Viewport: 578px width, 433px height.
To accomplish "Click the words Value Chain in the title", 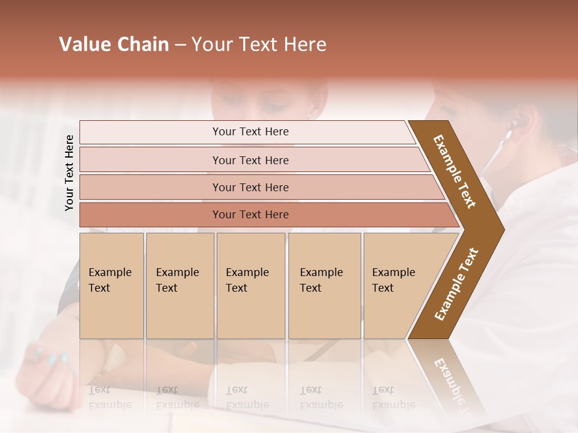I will click(x=114, y=45).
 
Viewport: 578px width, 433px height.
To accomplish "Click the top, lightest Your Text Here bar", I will click(x=250, y=132).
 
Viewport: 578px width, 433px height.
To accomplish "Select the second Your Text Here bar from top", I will click(x=250, y=160).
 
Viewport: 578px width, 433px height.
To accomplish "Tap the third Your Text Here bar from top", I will click(x=250, y=187).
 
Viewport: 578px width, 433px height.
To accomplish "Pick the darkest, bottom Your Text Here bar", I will click(x=250, y=214).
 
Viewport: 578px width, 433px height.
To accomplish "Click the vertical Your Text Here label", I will click(x=69, y=173).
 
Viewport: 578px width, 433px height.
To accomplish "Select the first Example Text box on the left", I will click(x=111, y=286).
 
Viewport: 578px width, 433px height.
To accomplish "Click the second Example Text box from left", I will click(x=179, y=286).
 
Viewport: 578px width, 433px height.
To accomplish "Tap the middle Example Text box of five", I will click(x=250, y=286).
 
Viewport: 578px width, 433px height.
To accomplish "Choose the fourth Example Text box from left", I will click(x=324, y=286).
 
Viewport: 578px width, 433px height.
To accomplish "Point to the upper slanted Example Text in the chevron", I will click(x=455, y=171).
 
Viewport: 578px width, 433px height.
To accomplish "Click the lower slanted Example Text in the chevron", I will click(x=456, y=284).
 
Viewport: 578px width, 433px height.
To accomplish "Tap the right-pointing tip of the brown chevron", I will click(x=501, y=230).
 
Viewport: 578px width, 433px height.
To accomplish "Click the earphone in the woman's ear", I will click(x=514, y=124).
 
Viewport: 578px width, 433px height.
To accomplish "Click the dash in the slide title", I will click(x=180, y=45).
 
